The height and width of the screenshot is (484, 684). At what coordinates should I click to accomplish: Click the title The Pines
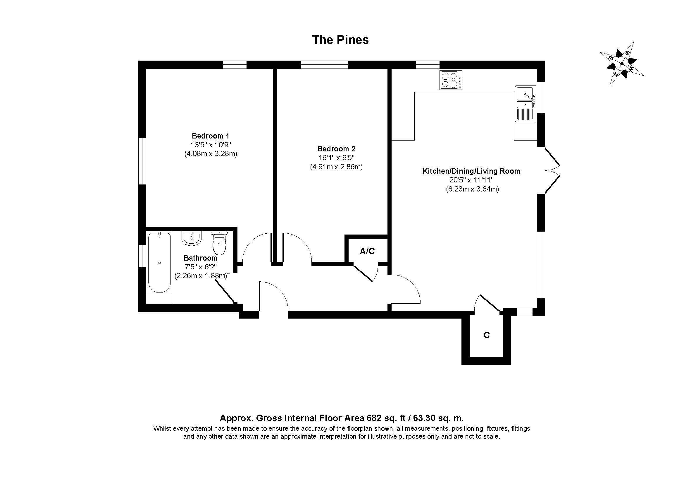pyautogui.click(x=340, y=40)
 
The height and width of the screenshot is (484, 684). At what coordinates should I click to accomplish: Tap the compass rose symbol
pyautogui.click(x=621, y=64)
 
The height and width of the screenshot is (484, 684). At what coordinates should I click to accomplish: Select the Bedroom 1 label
pyautogui.click(x=210, y=136)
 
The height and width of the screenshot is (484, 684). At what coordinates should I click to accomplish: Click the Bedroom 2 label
pyautogui.click(x=336, y=149)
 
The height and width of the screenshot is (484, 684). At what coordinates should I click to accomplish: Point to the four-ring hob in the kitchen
pyautogui.click(x=451, y=80)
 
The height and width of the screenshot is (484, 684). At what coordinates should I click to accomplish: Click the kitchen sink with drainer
pyautogui.click(x=526, y=104)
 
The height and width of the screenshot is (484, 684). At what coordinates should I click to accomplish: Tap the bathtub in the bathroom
pyautogui.click(x=160, y=263)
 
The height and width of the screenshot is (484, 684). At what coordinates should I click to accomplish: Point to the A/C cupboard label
pyautogui.click(x=367, y=252)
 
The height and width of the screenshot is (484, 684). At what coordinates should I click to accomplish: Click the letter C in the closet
pyautogui.click(x=487, y=336)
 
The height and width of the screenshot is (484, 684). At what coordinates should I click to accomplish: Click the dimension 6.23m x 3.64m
pyautogui.click(x=472, y=189)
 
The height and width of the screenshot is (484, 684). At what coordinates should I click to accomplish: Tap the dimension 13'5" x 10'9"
pyautogui.click(x=211, y=145)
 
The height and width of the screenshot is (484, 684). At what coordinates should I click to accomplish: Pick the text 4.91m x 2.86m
pyautogui.click(x=336, y=167)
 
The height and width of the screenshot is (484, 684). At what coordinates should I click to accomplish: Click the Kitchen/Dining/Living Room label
pyautogui.click(x=471, y=171)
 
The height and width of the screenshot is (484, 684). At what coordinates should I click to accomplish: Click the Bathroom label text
pyautogui.click(x=200, y=258)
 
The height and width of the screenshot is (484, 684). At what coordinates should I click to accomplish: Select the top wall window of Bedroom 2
pyautogui.click(x=324, y=64)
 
